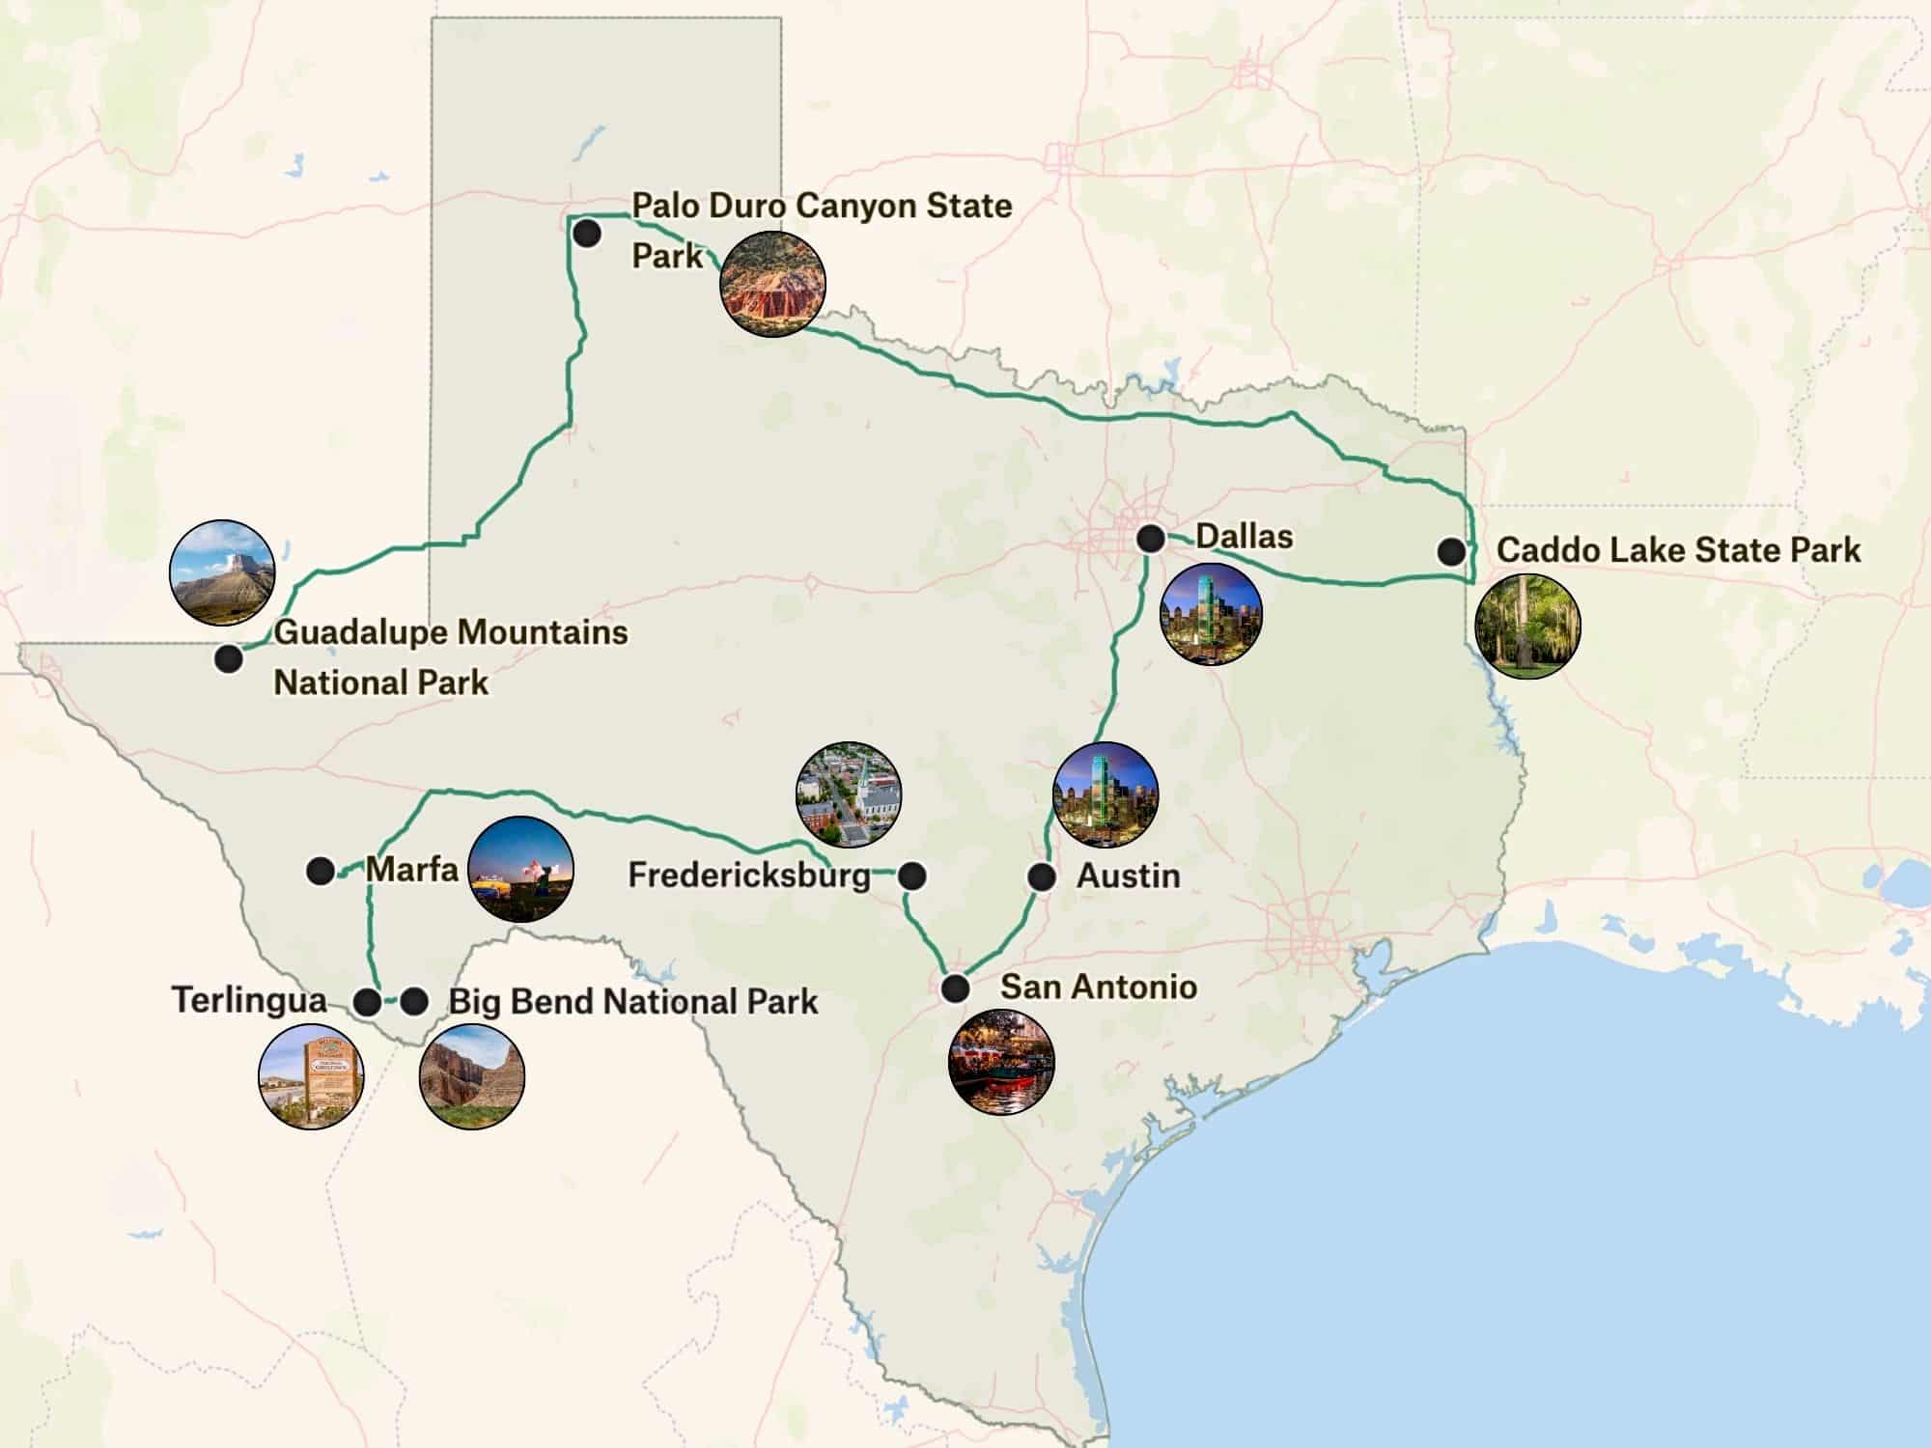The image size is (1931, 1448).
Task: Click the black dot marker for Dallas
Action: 1150,538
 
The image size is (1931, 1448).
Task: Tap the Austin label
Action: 1128,876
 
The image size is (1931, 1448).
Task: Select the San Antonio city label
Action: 1098,987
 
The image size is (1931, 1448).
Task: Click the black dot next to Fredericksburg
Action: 911,876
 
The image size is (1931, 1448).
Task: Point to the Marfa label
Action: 411,869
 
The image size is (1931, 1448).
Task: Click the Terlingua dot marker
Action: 368,1002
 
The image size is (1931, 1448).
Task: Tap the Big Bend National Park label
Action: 632,1001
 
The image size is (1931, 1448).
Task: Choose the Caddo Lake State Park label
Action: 1678,550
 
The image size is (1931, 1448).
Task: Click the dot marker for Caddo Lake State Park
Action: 1450,551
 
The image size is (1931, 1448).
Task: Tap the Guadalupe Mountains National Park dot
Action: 229,658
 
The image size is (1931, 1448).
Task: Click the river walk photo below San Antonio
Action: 1001,1062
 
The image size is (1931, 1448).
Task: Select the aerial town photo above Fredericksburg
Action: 849,794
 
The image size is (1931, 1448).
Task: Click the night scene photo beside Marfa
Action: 520,869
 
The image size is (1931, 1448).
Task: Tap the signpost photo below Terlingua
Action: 311,1075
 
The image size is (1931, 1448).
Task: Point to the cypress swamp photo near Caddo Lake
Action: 1528,626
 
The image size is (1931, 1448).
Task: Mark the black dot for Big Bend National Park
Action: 414,1002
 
